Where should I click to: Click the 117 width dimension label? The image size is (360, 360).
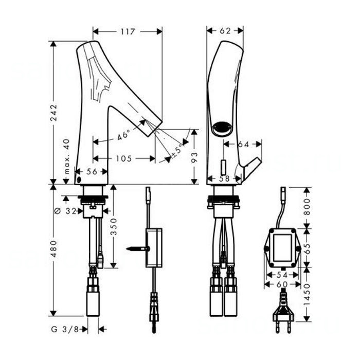tap(128, 31)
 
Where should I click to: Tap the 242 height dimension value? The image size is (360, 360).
tap(54, 113)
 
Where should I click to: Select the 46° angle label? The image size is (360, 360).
tap(124, 135)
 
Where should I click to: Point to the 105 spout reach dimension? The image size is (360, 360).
tap(124, 158)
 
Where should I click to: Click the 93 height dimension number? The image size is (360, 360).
tap(194, 157)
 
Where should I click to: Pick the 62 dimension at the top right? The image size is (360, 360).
tap(225, 31)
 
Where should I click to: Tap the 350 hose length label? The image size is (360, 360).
tap(114, 227)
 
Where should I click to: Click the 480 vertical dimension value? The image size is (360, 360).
tap(54, 248)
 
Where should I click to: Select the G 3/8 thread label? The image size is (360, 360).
tap(65, 330)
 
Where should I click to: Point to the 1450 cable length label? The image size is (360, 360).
tap(307, 295)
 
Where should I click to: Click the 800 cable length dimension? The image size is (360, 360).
tap(307, 207)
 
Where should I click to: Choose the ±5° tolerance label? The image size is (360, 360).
tap(178, 150)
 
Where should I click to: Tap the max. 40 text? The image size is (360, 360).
tap(66, 156)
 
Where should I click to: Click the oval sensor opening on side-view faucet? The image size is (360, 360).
tap(222, 128)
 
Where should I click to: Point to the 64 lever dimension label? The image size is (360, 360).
tap(243, 144)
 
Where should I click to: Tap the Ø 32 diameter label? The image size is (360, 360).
tap(66, 211)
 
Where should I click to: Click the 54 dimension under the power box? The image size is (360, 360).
tap(282, 275)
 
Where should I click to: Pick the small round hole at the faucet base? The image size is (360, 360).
tap(79, 180)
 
